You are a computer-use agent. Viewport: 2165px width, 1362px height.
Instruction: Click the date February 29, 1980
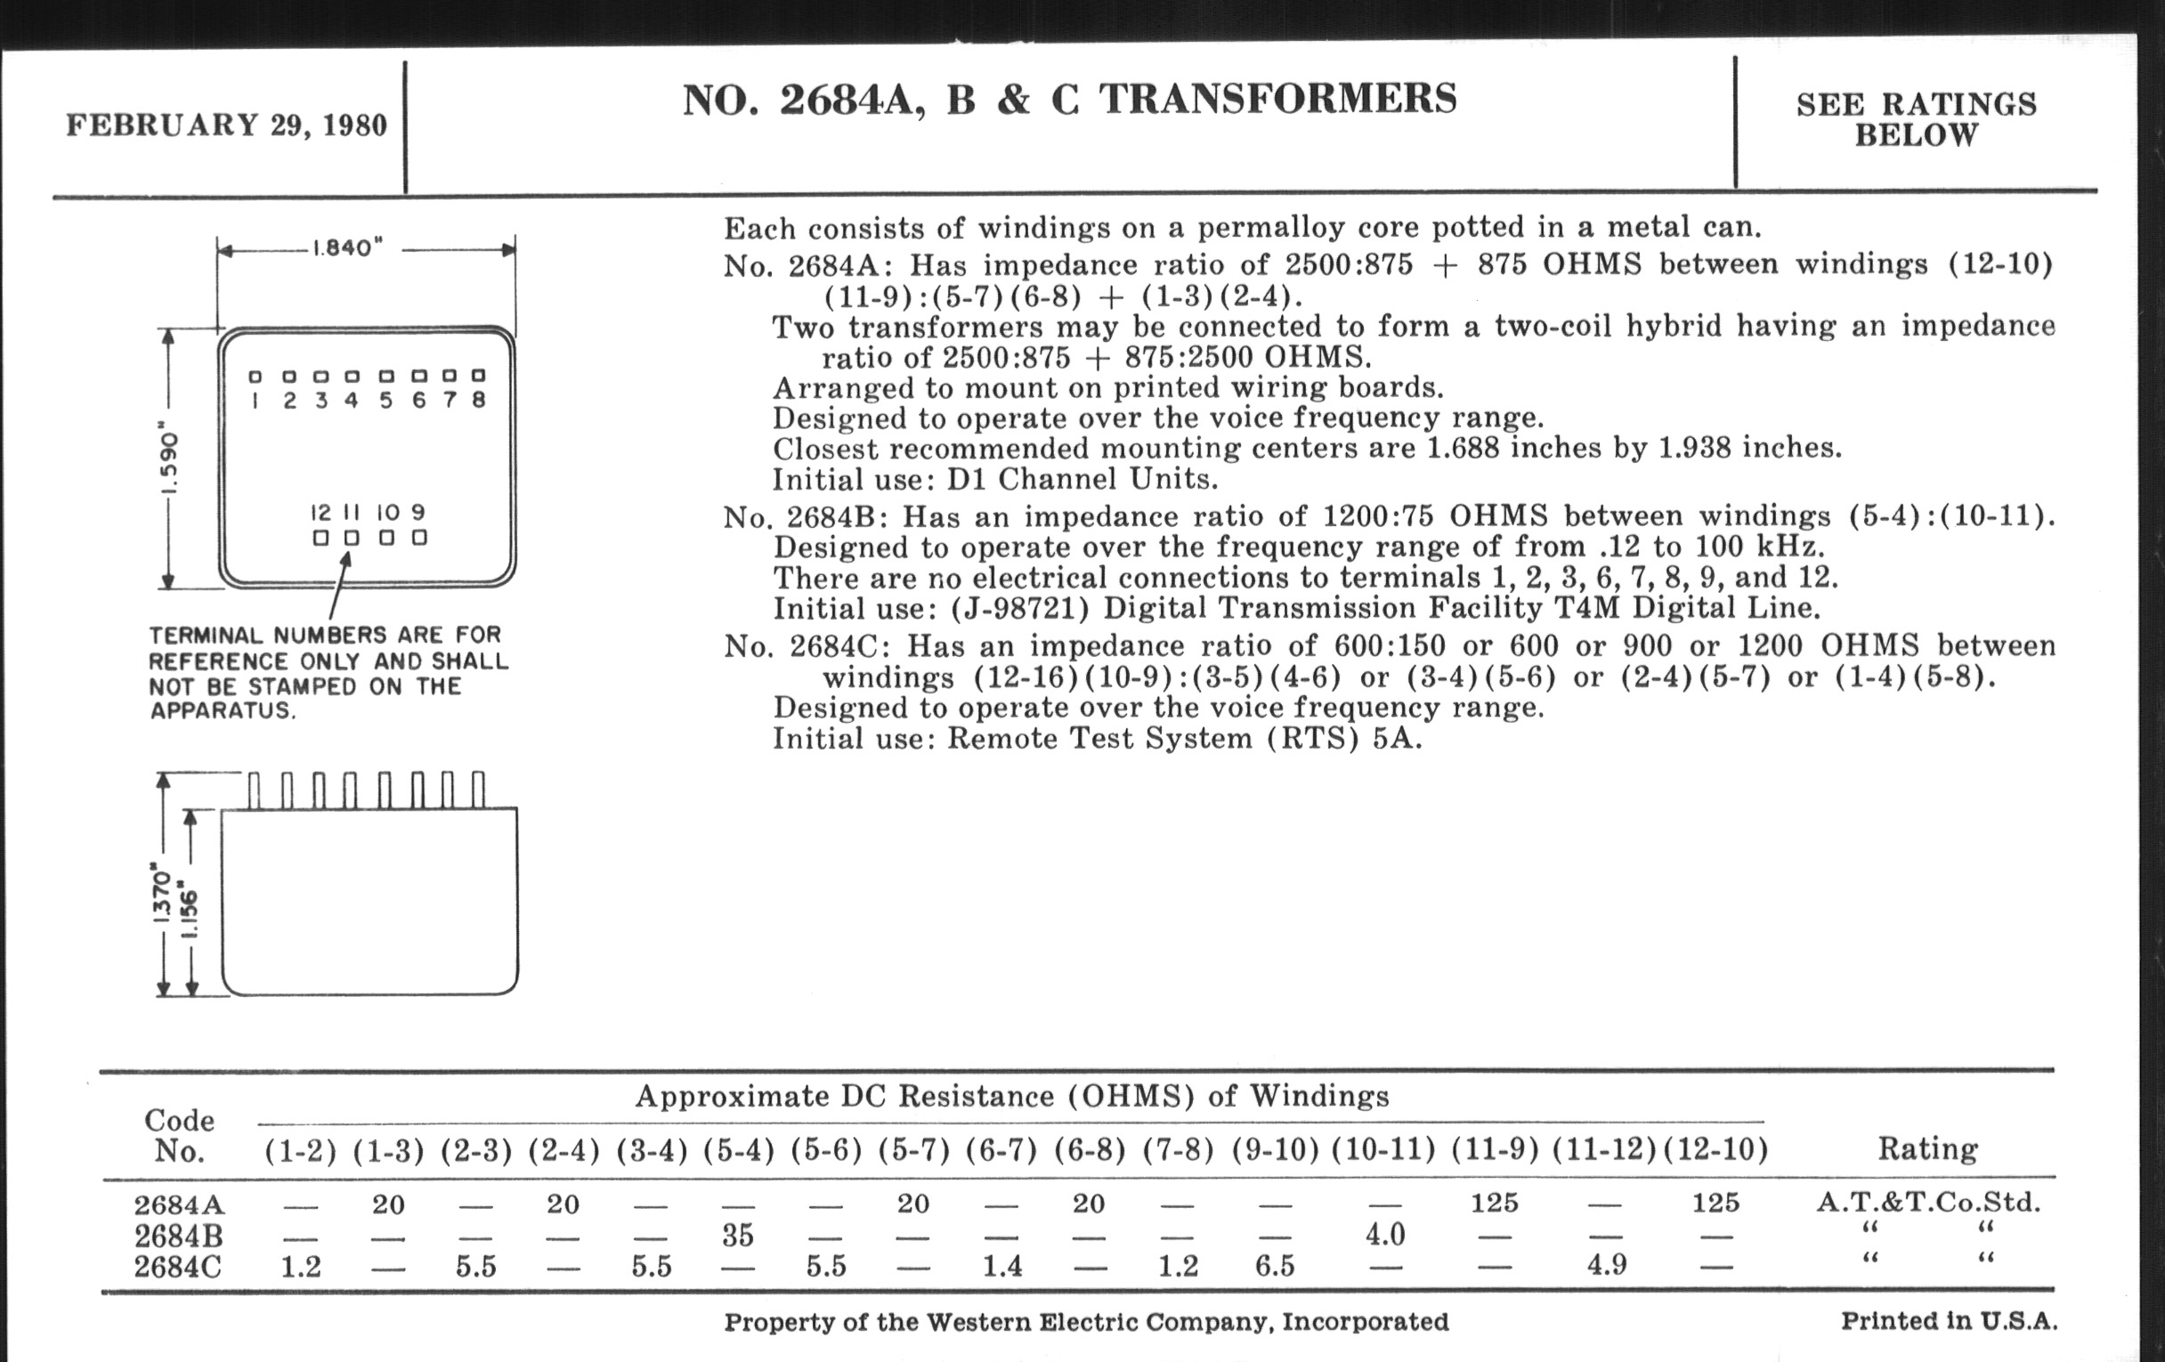(227, 125)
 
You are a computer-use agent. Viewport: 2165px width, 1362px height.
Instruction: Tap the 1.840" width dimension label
(347, 248)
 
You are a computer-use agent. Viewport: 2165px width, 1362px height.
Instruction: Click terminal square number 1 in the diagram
(256, 377)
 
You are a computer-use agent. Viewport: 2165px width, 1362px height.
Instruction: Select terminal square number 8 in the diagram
(478, 376)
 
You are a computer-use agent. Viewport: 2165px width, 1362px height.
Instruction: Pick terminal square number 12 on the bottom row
(321, 538)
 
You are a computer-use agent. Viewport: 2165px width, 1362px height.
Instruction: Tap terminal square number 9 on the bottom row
(419, 538)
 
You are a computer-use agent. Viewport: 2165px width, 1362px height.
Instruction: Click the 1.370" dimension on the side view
(162, 894)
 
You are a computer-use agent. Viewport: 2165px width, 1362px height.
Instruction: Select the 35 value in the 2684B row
(737, 1236)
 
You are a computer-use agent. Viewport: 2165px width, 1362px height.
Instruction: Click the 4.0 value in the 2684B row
(1384, 1235)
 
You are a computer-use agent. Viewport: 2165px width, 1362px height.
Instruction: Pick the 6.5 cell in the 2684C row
(1275, 1266)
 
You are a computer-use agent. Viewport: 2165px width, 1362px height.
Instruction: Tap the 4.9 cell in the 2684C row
(1607, 1266)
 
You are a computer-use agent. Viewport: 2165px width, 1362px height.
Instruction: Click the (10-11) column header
(1383, 1150)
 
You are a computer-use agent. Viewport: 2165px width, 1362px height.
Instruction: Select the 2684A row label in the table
(178, 1204)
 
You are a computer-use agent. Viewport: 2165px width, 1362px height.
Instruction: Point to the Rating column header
(1927, 1149)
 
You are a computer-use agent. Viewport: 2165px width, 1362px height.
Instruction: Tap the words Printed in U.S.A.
(1950, 1321)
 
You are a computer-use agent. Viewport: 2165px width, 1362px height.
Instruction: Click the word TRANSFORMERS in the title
(1277, 99)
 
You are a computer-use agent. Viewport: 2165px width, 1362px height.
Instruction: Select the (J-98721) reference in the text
(1019, 609)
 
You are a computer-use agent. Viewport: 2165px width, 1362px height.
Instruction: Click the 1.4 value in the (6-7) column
(1001, 1266)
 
